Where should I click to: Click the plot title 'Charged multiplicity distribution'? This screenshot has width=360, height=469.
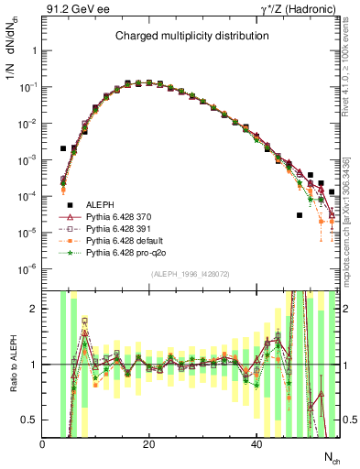pyautogui.click(x=191, y=37)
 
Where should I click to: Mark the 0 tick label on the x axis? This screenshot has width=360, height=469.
pyautogui.click(x=42, y=444)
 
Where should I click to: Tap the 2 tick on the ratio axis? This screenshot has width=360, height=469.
pyautogui.click(x=35, y=310)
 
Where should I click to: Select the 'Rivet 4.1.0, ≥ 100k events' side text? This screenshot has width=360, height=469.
pyautogui.click(x=348, y=86)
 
